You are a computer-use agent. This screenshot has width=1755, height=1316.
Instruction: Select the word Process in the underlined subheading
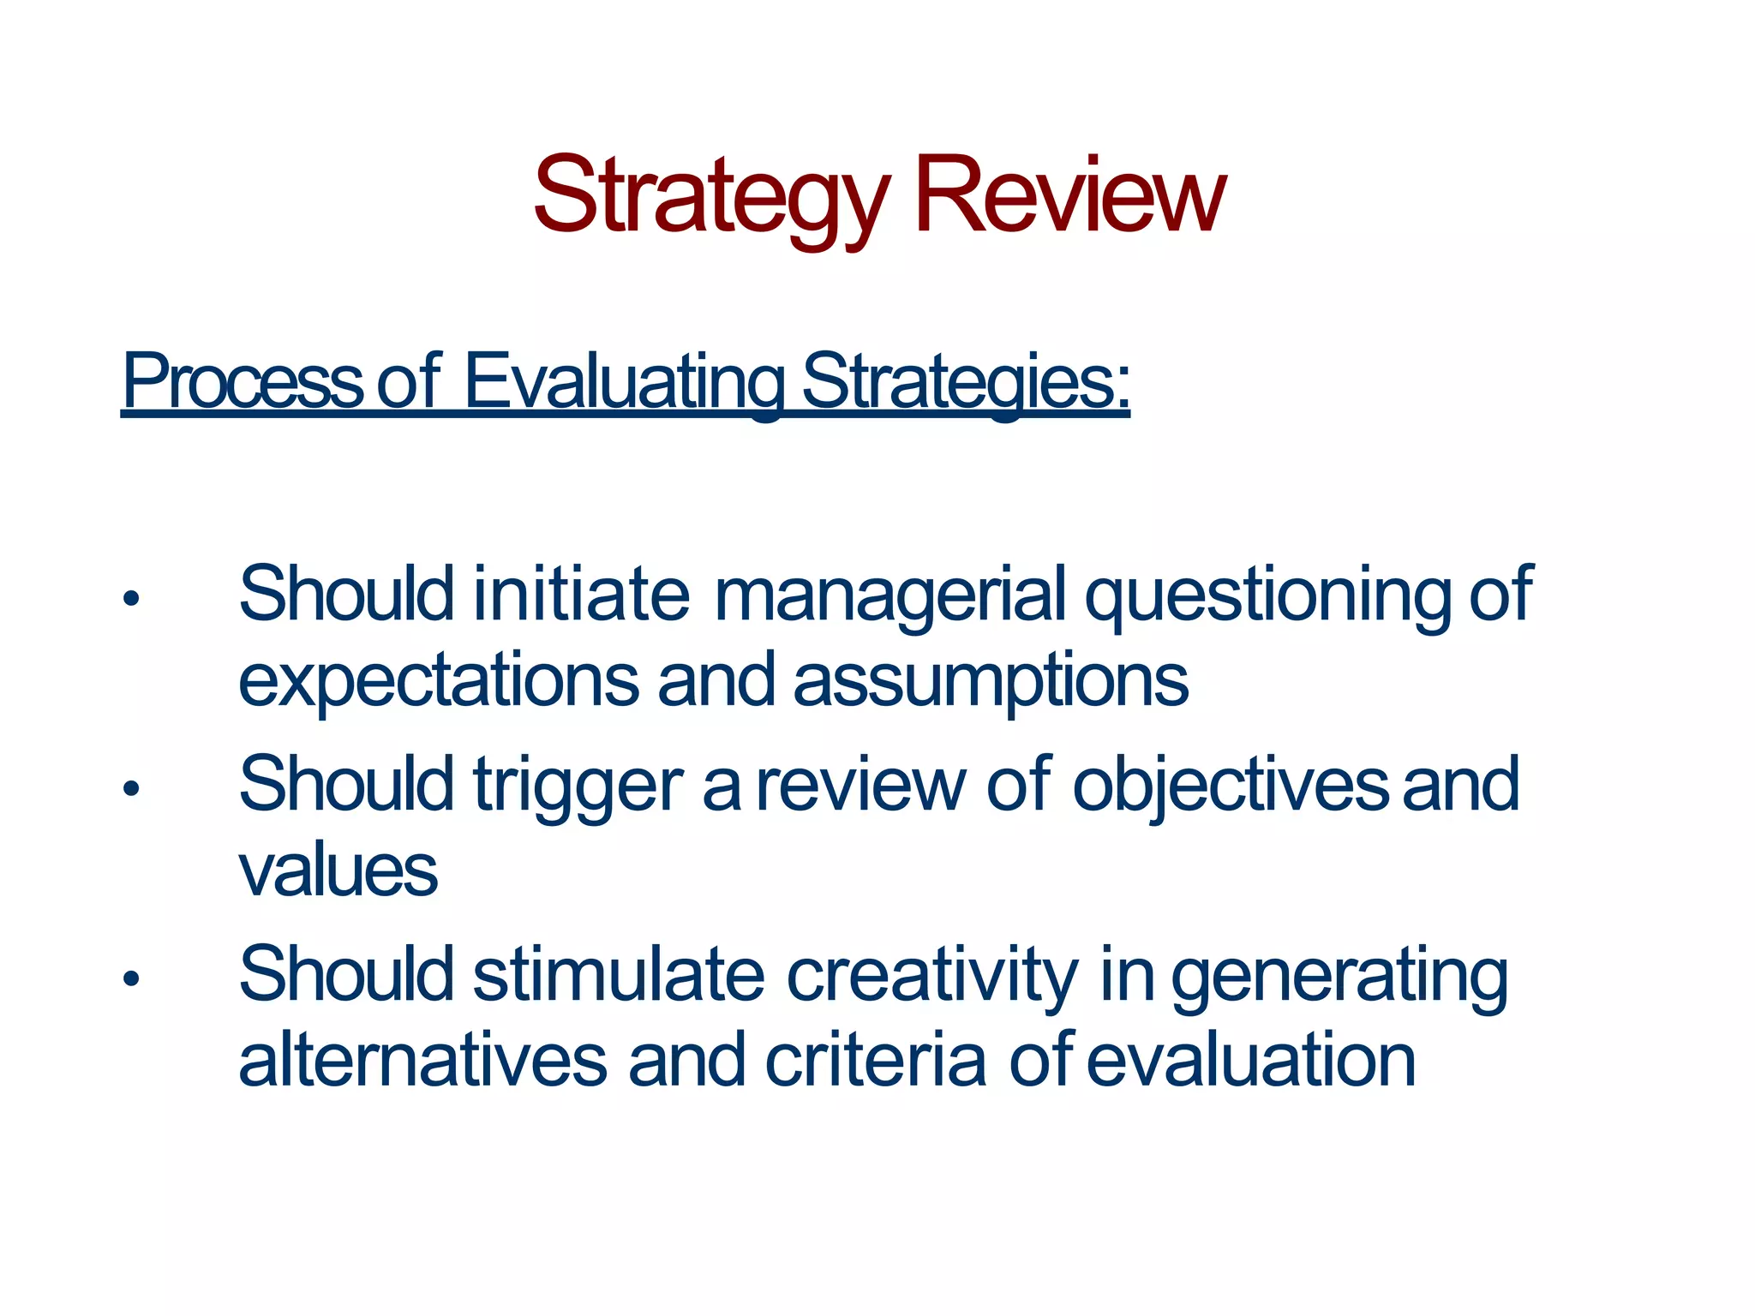[243, 382]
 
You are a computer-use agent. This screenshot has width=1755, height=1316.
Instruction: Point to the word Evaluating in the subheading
[623, 382]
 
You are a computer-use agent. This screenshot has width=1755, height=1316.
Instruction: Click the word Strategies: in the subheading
[966, 382]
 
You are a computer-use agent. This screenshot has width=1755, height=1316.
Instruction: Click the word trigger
[578, 787]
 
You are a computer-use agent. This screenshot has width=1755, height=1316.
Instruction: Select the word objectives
[1231, 787]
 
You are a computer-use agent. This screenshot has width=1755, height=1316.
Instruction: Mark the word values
[338, 871]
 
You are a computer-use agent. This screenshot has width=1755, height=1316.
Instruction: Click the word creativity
[932, 977]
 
